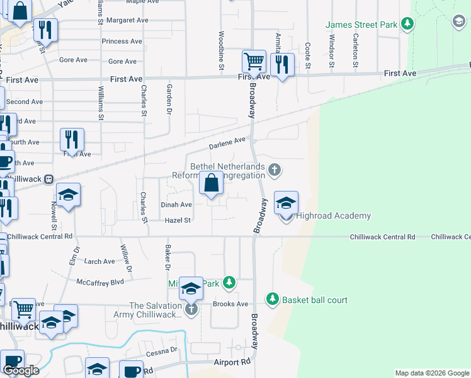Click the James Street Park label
[361, 25]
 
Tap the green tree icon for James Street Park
[408, 24]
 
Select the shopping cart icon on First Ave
[253, 62]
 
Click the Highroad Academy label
[333, 216]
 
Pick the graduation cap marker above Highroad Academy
[286, 203]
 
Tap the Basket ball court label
[314, 300]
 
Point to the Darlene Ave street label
[227, 144]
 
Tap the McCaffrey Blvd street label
[100, 282]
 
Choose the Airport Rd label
[232, 362]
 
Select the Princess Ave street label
[122, 42]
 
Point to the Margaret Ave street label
[127, 20]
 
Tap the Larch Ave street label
[99, 261]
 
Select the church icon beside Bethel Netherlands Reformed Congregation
[274, 169]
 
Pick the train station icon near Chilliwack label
[48, 179]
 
